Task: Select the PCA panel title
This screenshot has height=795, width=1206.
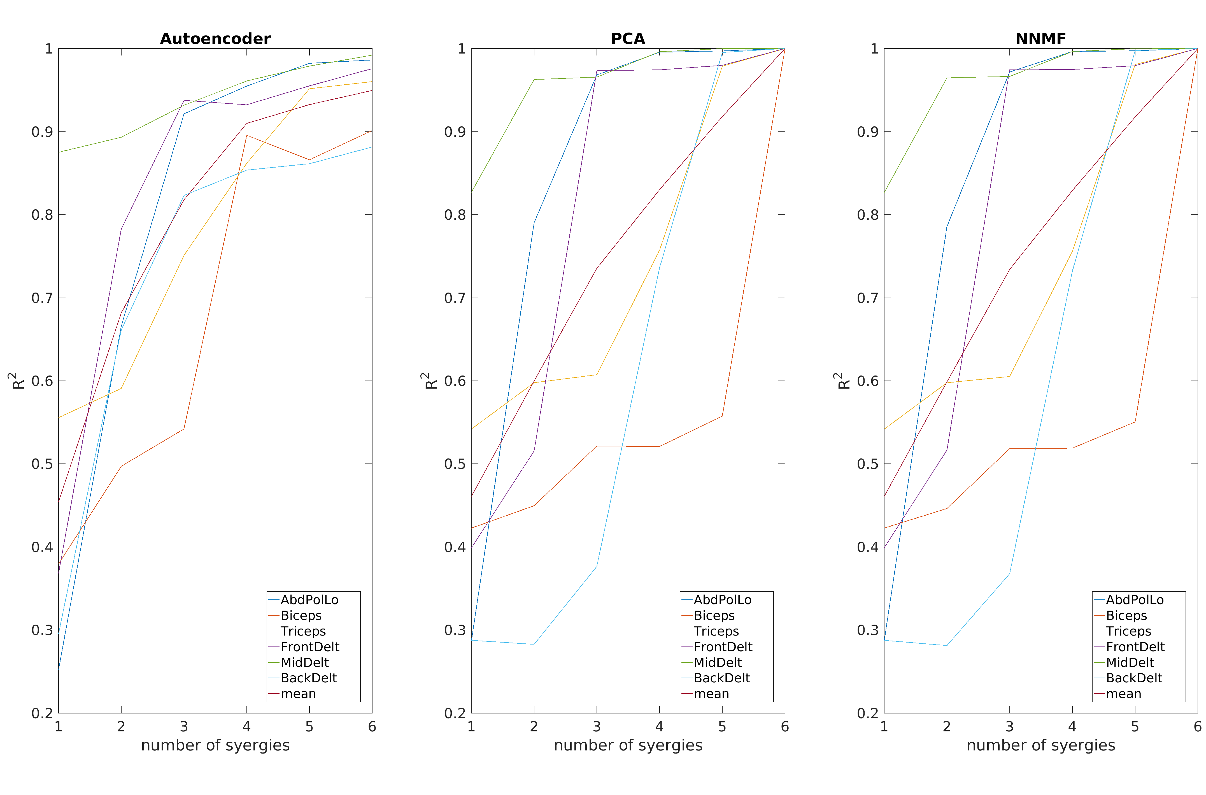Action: (628, 39)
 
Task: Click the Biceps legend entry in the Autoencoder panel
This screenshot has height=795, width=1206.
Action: (301, 616)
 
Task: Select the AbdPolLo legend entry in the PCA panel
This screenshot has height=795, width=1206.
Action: (722, 600)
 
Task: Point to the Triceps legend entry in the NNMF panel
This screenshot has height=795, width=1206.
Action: (1128, 631)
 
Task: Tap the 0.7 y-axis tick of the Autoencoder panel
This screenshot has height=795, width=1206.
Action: (42, 298)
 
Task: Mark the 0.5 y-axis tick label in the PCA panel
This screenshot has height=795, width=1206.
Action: (455, 464)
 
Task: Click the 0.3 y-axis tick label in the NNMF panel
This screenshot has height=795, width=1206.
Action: (867, 630)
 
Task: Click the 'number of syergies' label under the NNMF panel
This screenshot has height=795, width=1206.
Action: (1041, 745)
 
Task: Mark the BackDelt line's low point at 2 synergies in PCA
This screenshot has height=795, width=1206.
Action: (534, 645)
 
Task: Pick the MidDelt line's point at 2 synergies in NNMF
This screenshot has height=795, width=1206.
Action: (947, 78)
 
